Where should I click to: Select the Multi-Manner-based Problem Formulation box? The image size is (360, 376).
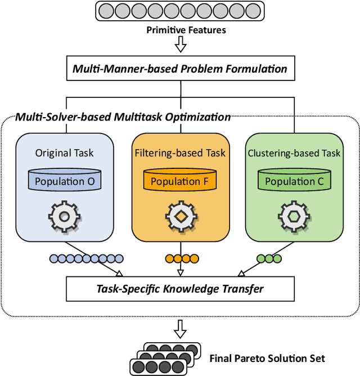[x=179, y=69]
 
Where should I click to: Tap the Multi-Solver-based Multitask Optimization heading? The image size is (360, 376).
[x=123, y=117]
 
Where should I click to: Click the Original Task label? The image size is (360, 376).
[x=64, y=153]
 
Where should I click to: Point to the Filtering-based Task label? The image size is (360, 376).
[x=180, y=153]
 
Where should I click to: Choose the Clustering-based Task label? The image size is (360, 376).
[x=295, y=153]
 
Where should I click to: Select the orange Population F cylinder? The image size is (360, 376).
[x=180, y=181]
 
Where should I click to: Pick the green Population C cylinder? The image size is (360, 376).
[x=294, y=181]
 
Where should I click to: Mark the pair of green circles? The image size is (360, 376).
[x=269, y=259]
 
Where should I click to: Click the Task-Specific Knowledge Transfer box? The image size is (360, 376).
[x=179, y=289]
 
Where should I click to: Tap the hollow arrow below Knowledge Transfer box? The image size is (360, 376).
[x=179, y=326]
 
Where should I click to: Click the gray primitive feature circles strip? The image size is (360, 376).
[x=179, y=11]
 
